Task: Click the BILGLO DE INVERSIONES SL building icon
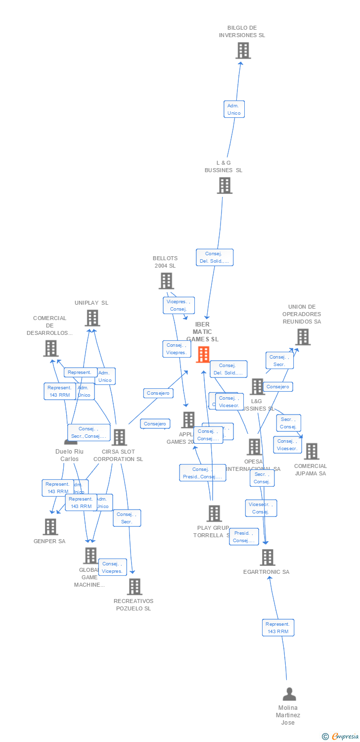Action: (x=243, y=50)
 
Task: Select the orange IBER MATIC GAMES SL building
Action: (x=203, y=354)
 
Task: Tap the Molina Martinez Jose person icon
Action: (x=289, y=694)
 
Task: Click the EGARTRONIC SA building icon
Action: (x=267, y=557)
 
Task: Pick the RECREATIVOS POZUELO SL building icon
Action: (x=134, y=587)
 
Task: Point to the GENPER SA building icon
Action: (x=50, y=527)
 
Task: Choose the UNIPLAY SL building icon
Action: (x=92, y=318)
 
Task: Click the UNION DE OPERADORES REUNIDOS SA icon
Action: (x=302, y=337)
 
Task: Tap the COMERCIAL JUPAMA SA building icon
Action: (x=311, y=451)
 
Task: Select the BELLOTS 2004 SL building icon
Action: (x=166, y=281)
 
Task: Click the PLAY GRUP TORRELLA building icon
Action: (x=214, y=513)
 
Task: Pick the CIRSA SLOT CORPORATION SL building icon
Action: (x=119, y=437)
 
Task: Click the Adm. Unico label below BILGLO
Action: (x=234, y=109)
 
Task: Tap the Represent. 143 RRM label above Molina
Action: (x=278, y=628)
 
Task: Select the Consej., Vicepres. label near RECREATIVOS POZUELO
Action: (x=113, y=567)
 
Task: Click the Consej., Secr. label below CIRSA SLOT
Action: (x=127, y=518)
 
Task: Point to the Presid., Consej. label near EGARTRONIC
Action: (x=244, y=537)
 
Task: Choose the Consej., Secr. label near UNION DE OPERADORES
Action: (x=279, y=361)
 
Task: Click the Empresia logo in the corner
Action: (x=340, y=737)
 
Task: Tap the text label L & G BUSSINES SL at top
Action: (x=224, y=166)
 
